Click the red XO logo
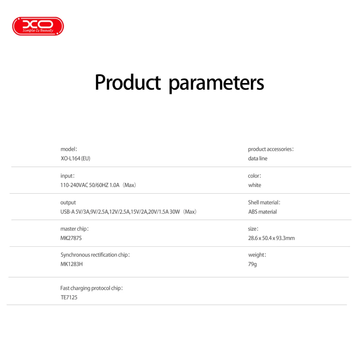(38, 26)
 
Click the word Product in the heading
(128, 83)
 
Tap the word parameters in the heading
(216, 83)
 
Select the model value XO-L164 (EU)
(75, 159)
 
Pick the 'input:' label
(67, 176)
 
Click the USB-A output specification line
(128, 212)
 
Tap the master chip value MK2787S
(71, 238)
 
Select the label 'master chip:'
(75, 229)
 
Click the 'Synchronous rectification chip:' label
(95, 255)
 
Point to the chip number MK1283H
(72, 264)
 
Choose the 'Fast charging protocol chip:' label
(92, 288)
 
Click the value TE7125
(69, 297)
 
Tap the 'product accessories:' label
(271, 149)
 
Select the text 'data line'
(258, 159)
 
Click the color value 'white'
(255, 185)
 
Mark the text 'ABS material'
(262, 212)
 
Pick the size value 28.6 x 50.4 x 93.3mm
(271, 238)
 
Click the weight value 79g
(252, 264)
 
